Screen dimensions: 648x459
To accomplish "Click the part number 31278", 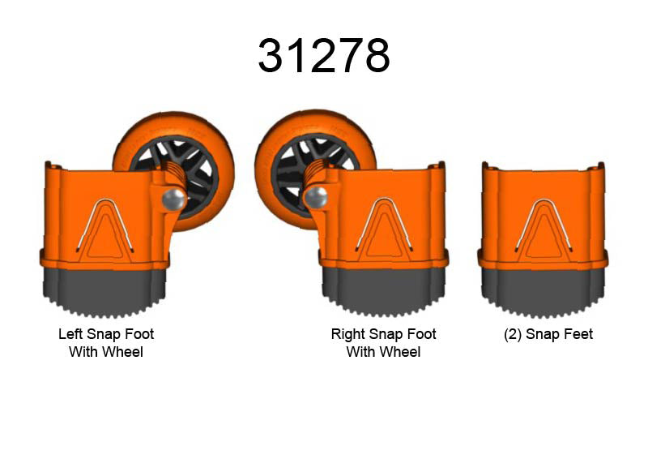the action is click(x=324, y=55).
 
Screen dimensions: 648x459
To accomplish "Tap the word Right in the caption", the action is click(x=347, y=334).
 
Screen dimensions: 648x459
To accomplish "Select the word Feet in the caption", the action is click(x=580, y=334).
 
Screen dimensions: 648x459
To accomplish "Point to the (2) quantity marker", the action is click(x=513, y=334).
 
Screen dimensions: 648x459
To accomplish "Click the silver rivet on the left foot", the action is click(x=174, y=199).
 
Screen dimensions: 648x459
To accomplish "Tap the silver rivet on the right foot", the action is click(x=316, y=197).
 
